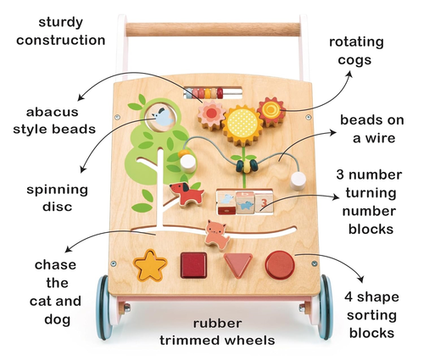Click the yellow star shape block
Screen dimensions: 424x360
click(x=150, y=266)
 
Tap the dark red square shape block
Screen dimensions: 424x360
click(x=193, y=265)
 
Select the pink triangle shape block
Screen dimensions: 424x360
click(x=237, y=264)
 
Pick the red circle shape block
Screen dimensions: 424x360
click(x=280, y=265)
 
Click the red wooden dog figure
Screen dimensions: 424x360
click(x=187, y=193)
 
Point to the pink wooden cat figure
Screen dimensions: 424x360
click(x=217, y=235)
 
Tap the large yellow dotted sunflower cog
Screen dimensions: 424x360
click(x=243, y=125)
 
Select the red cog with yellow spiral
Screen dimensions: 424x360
click(x=271, y=111)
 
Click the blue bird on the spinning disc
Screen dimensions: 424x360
click(x=163, y=118)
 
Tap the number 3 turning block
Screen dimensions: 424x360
click(x=264, y=202)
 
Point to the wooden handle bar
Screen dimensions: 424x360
click(x=213, y=30)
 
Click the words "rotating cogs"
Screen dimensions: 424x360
click(x=356, y=51)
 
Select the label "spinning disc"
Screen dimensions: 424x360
click(x=58, y=198)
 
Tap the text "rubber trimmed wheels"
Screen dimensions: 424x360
click(x=217, y=332)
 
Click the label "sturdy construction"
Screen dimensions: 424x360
click(x=61, y=31)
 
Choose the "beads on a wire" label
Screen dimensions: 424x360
click(x=372, y=129)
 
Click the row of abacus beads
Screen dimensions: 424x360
click(x=204, y=93)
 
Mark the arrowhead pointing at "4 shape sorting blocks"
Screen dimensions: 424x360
click(x=360, y=280)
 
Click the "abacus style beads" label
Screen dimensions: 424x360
click(x=54, y=120)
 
